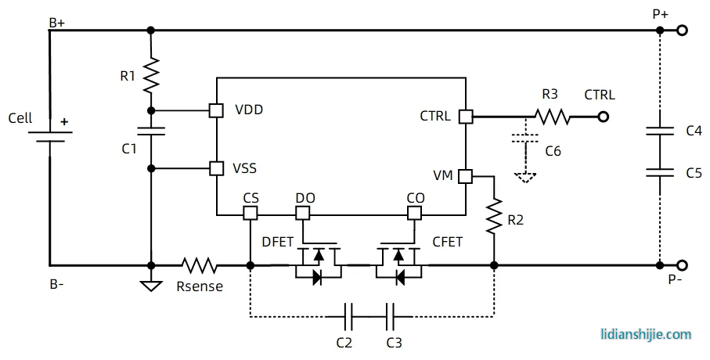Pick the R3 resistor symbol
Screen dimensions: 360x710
pos(553,117)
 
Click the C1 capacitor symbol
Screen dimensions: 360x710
pos(150,131)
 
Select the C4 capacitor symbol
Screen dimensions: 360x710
pos(660,131)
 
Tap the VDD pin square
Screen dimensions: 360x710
pos(216,110)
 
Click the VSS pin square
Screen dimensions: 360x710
pos(216,168)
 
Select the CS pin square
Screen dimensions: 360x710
pos(250,213)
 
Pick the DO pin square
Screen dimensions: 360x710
pos(303,213)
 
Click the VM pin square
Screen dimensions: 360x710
pos(466,176)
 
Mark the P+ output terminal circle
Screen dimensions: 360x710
pos(683,31)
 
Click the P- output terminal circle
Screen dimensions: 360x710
pos(683,265)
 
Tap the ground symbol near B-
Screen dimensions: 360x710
pos(150,285)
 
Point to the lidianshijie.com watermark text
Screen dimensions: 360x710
pos(646,334)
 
